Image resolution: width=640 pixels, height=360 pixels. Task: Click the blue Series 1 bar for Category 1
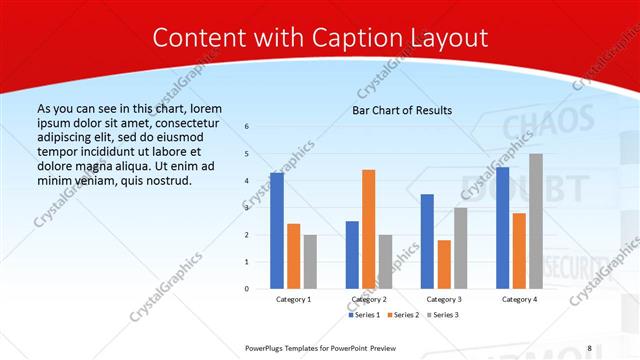[276, 231]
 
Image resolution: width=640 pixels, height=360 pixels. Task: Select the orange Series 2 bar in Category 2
[369, 229]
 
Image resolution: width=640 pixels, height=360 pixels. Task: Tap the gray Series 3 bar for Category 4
[536, 221]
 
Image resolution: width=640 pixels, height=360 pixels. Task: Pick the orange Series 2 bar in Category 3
[444, 264]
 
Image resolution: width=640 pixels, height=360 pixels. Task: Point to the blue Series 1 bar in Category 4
[502, 228]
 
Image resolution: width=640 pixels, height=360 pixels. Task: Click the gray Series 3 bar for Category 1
[310, 262]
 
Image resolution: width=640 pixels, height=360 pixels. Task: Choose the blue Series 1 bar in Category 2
[352, 255]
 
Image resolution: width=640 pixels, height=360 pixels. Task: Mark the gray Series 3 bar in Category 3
[461, 248]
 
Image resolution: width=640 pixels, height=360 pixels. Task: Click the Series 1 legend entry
[364, 314]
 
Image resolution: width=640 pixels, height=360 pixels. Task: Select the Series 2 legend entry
[403, 314]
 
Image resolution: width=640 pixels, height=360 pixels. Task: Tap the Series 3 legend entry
[443, 314]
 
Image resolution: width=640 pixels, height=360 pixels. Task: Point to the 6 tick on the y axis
[247, 126]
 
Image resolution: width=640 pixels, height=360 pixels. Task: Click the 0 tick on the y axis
[247, 289]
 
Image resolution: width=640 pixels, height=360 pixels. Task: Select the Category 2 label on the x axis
[369, 299]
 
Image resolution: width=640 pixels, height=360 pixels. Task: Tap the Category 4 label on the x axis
[519, 299]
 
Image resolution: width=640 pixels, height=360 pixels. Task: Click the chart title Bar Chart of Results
[402, 110]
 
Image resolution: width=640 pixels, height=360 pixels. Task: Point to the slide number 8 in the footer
[589, 347]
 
